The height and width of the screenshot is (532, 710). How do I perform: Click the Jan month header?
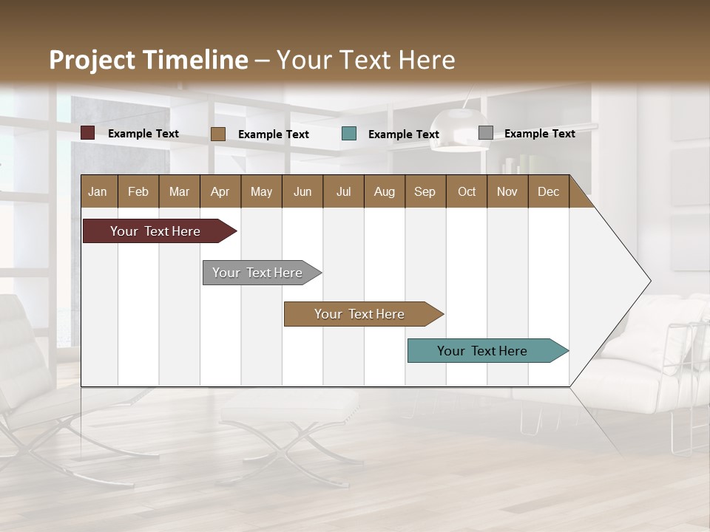(98, 191)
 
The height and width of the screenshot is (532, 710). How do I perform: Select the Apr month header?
(220, 191)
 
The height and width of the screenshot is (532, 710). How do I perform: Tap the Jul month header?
(343, 191)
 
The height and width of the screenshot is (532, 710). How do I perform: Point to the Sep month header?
(425, 191)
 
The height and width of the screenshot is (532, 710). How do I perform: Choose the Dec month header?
(548, 191)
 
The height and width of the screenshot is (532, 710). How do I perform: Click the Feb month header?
(138, 191)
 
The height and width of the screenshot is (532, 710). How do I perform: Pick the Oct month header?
(467, 191)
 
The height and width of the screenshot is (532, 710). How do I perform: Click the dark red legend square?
(88, 133)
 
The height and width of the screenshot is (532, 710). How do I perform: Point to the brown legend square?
(218, 134)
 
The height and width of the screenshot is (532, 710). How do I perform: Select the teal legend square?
(349, 134)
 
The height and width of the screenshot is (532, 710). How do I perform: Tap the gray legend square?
(486, 133)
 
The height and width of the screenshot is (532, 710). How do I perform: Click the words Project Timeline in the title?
(149, 60)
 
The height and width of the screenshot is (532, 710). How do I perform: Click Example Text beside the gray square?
(539, 134)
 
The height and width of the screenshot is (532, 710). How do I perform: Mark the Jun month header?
(302, 191)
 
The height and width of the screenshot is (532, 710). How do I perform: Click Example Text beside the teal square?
(403, 134)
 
